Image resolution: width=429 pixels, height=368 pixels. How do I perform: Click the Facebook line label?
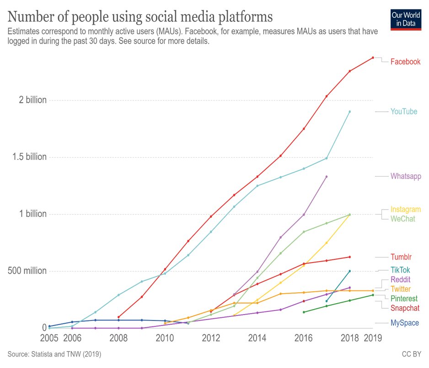click(x=405, y=62)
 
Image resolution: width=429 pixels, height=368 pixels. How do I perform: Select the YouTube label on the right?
click(x=403, y=111)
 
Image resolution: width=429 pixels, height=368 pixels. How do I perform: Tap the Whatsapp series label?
click(x=406, y=176)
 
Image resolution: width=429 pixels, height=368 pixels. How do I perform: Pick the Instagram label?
click(x=405, y=210)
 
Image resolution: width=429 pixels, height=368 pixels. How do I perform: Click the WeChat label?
click(x=402, y=219)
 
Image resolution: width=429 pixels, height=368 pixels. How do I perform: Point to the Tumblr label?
click(x=401, y=257)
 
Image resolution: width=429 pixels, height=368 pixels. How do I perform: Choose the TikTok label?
click(x=400, y=270)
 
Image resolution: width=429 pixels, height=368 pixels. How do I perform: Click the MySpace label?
click(x=404, y=323)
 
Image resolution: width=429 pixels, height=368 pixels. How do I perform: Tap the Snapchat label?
click(x=405, y=308)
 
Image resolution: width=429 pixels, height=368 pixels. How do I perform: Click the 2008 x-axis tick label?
click(x=119, y=338)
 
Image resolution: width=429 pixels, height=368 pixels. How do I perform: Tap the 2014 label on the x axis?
click(x=257, y=338)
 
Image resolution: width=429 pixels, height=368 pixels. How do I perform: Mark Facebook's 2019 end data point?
click(x=373, y=58)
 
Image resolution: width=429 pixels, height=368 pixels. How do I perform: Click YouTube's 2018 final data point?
click(x=350, y=111)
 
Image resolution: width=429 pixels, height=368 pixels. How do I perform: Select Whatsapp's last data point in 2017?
click(x=327, y=176)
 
